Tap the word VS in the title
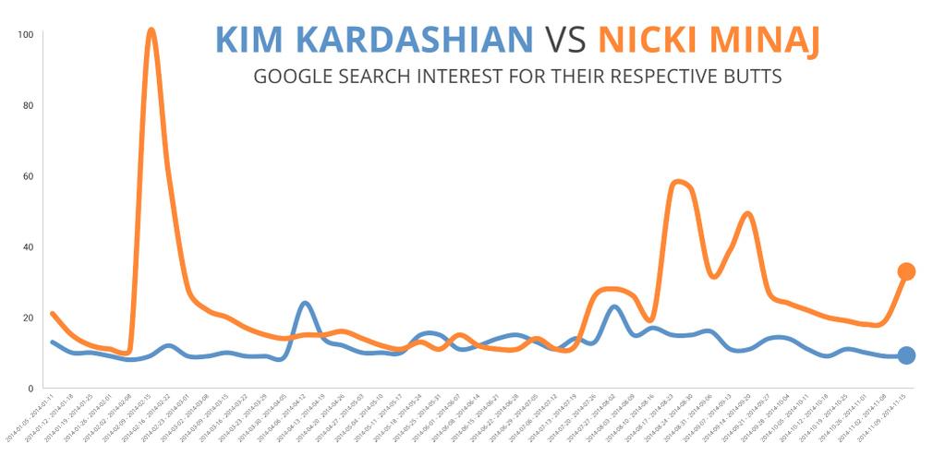click(565, 40)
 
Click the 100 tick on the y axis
click(26, 35)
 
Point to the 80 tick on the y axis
click(28, 105)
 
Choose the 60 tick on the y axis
click(28, 176)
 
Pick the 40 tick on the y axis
click(28, 247)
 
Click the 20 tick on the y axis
click(28, 317)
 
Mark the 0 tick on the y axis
click(30, 389)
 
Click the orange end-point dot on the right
click(906, 271)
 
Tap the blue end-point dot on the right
click(906, 355)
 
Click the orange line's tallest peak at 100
click(151, 31)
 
